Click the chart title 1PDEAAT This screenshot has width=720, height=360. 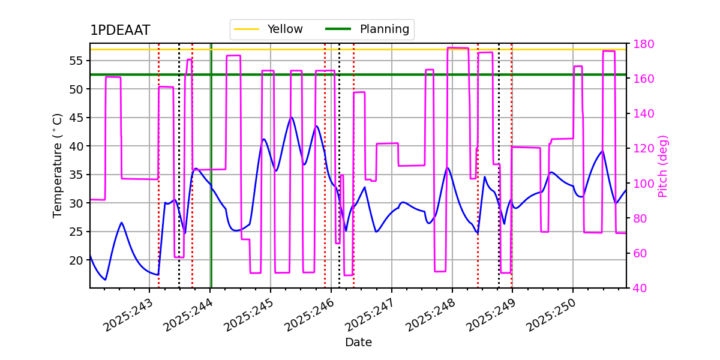tap(120, 31)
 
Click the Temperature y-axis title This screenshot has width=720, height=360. tap(58, 165)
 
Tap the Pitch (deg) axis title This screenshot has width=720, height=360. tap(663, 166)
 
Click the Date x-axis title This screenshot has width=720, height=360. tap(358, 343)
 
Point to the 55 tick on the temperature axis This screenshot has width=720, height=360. tap(76, 61)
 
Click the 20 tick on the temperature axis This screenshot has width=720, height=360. tap(76, 260)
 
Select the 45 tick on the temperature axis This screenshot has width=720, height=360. tap(76, 118)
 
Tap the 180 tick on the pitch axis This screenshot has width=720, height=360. tap(641, 44)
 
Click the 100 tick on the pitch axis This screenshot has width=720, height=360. tap(641, 184)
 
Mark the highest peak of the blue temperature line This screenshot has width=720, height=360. tap(291, 118)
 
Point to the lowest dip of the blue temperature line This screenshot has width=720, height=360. tap(106, 280)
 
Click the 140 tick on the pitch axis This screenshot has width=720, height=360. tap(641, 114)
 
